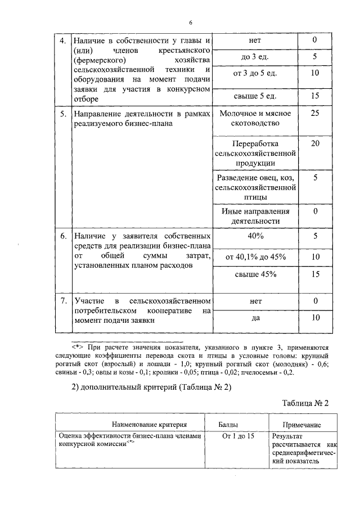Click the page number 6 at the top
tap(191, 22)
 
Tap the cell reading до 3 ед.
tap(255, 57)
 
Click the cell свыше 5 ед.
tap(255, 96)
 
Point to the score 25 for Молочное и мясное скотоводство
tap(315, 114)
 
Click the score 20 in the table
tap(315, 143)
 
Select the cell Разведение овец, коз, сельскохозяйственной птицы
tap(255, 187)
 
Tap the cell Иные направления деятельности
tap(255, 216)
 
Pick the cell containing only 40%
tap(255, 236)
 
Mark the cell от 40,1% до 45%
tap(255, 256)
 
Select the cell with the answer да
tap(255, 318)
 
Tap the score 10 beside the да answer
tap(315, 318)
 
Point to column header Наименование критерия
tap(133, 425)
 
